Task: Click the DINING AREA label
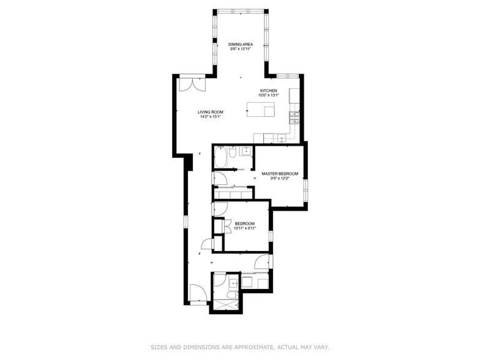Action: coord(241,44)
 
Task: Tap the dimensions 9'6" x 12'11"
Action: coord(241,49)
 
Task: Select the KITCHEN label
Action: coord(269,91)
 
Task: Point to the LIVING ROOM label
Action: coord(210,112)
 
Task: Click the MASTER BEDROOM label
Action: coord(279,174)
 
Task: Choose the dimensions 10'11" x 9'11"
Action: coord(245,228)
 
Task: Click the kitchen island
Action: coord(261,110)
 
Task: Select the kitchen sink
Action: coord(282,138)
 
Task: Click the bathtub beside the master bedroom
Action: coord(220,159)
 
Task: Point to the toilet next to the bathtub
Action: coord(233,153)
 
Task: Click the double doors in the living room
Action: coord(188,84)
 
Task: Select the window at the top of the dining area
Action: coord(241,10)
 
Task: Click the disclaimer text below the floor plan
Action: coord(239,347)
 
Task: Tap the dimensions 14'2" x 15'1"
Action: coord(210,117)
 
